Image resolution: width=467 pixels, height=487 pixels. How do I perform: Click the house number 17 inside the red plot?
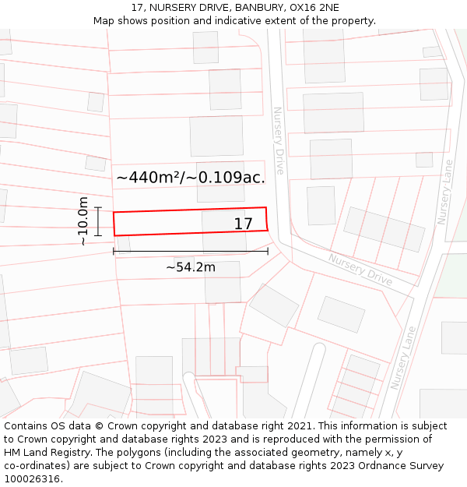244,224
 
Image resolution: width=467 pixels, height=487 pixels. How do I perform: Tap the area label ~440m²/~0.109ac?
191,178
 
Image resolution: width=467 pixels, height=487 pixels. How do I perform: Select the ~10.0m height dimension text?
83,221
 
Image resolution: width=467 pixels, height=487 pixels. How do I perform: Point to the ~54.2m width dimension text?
191,267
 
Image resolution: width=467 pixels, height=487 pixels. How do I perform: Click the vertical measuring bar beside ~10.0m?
99,221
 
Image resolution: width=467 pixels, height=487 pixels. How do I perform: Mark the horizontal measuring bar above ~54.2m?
191,251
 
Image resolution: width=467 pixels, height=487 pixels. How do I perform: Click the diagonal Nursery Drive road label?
360,269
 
